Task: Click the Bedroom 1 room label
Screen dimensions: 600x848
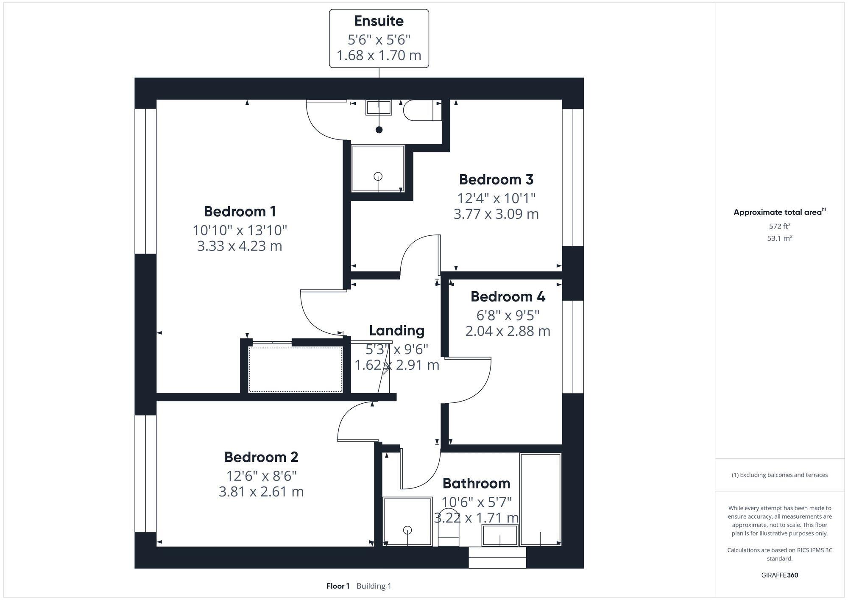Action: point(240,211)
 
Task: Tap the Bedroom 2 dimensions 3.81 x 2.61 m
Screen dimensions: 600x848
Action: point(261,492)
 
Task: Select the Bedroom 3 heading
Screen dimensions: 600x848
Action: point(496,179)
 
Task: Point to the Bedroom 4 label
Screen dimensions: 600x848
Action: point(508,296)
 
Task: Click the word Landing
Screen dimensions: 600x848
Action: point(396,330)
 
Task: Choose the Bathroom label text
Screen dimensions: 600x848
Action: point(476,483)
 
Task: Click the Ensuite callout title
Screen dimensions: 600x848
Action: point(379,21)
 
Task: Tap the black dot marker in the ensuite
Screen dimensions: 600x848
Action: point(379,130)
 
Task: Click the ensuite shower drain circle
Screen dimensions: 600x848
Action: point(378,176)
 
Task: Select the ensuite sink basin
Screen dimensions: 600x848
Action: point(379,108)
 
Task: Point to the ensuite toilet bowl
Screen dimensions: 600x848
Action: point(418,110)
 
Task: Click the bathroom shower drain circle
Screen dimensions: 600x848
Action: point(407,530)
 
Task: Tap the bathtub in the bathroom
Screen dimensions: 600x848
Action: point(540,499)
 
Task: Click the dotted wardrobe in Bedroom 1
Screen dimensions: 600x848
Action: point(295,369)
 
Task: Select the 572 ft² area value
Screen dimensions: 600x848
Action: point(779,226)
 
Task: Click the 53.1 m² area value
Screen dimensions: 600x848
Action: point(779,238)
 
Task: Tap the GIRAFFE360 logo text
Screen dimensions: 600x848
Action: point(779,575)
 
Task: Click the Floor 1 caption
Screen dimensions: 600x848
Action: point(338,586)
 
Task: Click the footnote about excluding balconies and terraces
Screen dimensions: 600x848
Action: point(779,475)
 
